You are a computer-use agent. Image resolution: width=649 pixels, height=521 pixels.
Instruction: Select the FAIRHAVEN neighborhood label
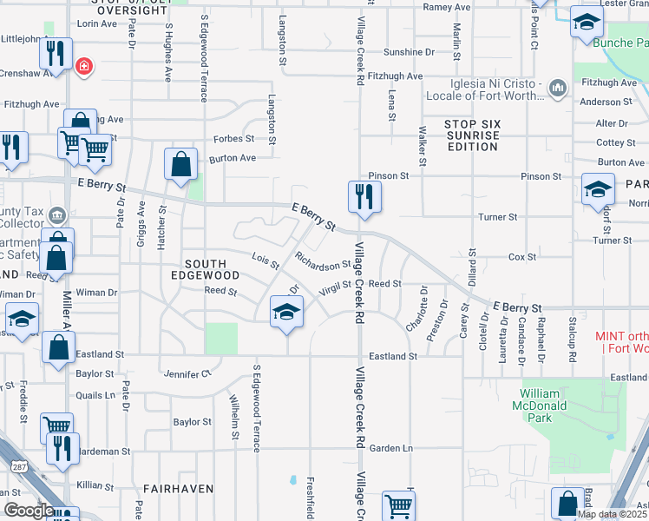coord(178,489)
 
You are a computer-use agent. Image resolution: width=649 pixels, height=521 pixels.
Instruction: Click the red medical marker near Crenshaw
coord(84,66)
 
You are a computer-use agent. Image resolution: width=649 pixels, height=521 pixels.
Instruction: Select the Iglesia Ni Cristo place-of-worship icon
coord(557,87)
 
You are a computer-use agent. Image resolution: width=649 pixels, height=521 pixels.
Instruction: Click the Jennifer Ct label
coord(187,373)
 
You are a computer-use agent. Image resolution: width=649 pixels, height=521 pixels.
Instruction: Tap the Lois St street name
coord(265,260)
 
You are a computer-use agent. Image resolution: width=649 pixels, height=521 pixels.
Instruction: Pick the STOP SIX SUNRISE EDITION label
coord(472,135)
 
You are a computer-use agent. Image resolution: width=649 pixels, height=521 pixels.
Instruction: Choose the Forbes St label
coord(234,138)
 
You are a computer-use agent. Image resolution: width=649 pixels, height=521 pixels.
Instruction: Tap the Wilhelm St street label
coord(233,418)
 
